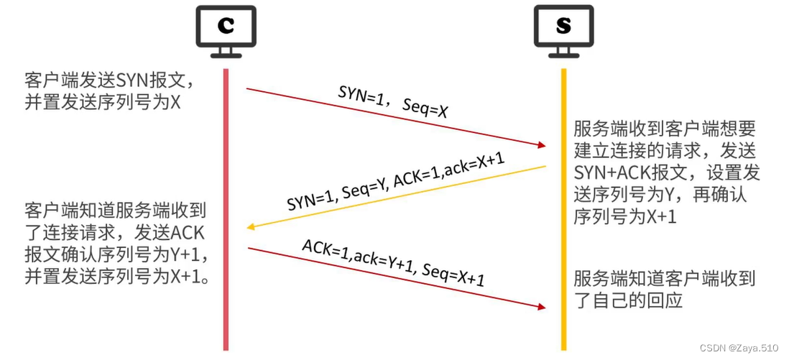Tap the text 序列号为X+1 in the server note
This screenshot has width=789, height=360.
coord(624,217)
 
